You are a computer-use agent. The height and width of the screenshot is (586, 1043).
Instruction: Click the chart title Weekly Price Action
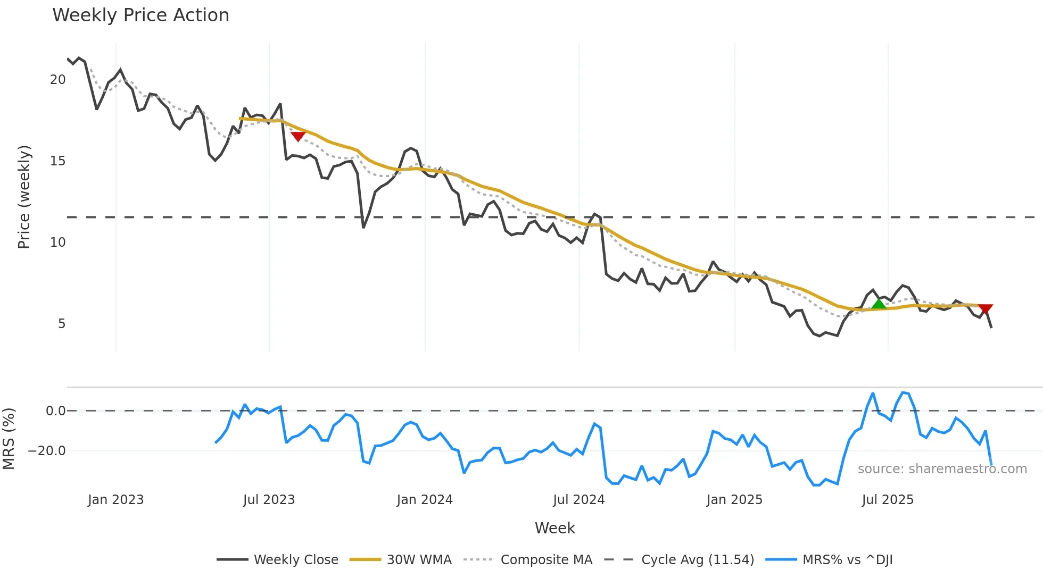pyautogui.click(x=140, y=15)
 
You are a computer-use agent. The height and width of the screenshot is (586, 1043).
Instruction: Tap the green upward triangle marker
pyautogui.click(x=879, y=304)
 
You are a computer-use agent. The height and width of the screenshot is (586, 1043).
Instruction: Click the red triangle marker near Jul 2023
pyautogui.click(x=298, y=137)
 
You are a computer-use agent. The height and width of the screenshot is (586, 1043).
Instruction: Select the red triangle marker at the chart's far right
pyautogui.click(x=986, y=309)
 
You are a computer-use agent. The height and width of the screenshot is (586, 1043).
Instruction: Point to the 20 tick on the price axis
pyautogui.click(x=57, y=80)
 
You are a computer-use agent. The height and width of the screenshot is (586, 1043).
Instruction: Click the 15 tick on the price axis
pyautogui.click(x=57, y=161)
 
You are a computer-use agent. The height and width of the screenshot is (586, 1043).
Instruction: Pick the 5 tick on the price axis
pyautogui.click(x=61, y=324)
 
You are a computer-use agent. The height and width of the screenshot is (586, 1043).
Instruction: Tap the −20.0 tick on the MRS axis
pyautogui.click(x=47, y=451)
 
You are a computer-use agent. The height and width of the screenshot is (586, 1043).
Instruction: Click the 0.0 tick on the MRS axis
pyautogui.click(x=55, y=411)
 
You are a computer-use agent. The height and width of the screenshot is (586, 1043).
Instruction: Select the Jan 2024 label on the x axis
pyautogui.click(x=425, y=500)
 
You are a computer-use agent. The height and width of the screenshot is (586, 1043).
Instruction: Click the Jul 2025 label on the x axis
pyautogui.click(x=888, y=500)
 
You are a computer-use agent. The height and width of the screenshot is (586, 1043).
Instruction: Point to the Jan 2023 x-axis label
pyautogui.click(x=115, y=500)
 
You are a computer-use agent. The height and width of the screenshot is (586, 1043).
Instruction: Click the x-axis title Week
pyautogui.click(x=554, y=528)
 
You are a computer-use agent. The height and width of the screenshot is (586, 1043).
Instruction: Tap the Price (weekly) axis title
pyautogui.click(x=24, y=197)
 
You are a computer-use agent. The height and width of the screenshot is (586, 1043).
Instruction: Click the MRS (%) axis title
pyautogui.click(x=9, y=439)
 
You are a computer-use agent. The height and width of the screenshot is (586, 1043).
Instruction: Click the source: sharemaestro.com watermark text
pyautogui.click(x=942, y=469)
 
